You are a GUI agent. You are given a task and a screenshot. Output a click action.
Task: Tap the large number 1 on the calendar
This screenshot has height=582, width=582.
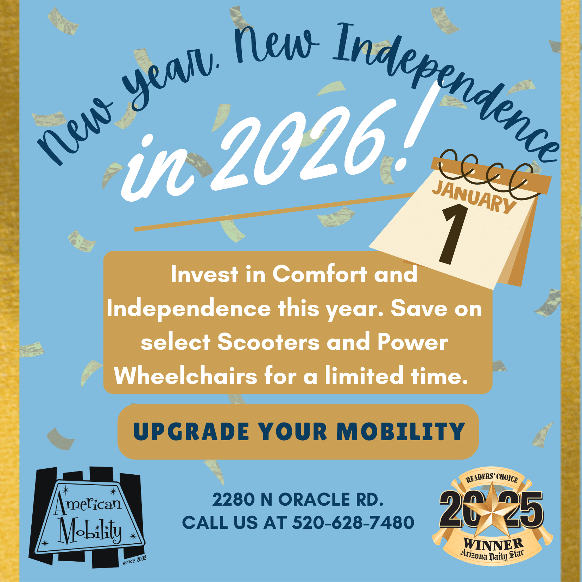click(454, 234)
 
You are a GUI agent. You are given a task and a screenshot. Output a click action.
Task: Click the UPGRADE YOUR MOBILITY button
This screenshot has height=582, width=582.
click(298, 432)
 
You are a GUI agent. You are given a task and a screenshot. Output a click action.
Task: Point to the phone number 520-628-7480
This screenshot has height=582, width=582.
click(353, 523)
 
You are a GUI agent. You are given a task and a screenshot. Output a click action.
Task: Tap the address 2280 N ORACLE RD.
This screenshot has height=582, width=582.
click(298, 500)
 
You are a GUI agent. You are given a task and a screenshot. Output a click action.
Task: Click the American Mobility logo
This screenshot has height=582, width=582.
click(88, 517)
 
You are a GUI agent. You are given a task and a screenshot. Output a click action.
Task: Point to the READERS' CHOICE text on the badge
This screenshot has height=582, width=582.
click(492, 479)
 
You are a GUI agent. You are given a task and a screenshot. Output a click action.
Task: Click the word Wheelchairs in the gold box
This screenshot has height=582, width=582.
click(186, 376)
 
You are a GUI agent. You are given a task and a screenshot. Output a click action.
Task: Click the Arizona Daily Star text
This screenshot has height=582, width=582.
click(492, 555)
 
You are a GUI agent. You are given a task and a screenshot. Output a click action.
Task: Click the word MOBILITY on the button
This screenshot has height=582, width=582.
click(400, 432)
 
